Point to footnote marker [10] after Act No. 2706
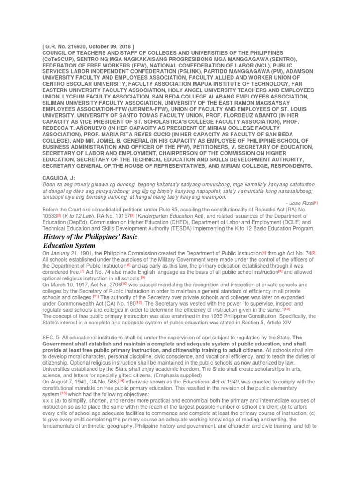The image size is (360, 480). [x=124, y=284]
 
